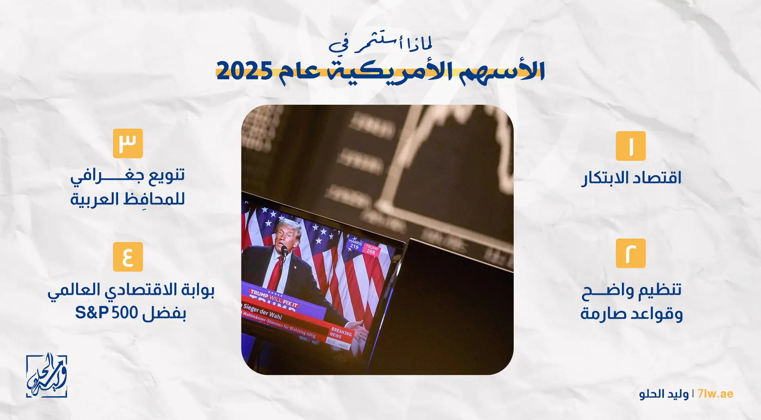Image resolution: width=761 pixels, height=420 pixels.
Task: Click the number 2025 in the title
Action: tap(244, 71)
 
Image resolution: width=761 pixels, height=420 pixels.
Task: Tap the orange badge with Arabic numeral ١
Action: tap(630, 146)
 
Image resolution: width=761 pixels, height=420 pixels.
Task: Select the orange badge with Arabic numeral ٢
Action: tap(630, 253)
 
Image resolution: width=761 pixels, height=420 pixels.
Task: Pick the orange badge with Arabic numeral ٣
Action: tap(128, 143)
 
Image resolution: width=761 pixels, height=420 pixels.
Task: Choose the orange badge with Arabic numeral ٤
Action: tap(128, 257)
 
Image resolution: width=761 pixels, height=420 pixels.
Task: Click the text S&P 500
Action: tap(106, 313)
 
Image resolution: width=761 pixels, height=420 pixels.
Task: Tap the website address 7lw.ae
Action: tap(715, 394)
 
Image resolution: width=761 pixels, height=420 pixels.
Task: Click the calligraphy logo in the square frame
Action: tap(46, 376)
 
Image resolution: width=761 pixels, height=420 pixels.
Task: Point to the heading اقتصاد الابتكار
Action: tap(631, 178)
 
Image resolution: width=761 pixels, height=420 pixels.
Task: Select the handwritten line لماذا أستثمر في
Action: tap(380, 44)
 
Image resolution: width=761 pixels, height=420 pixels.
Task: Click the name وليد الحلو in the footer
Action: tap(663, 394)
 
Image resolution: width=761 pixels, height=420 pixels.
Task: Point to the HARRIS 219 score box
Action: tap(355, 244)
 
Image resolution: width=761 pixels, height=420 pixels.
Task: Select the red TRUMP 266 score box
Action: tap(371, 249)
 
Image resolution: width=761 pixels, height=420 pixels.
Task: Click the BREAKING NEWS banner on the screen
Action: tap(341, 334)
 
